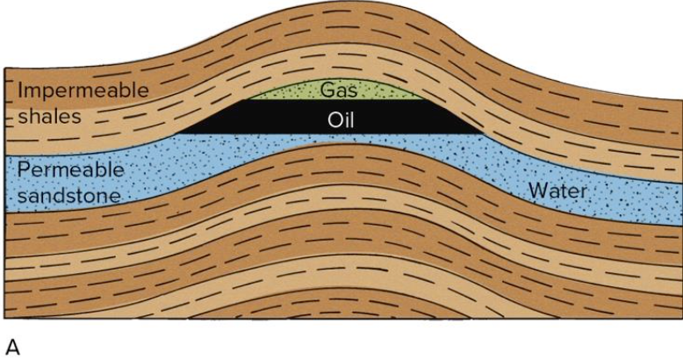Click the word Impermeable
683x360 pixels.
[x=83, y=90]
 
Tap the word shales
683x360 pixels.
[x=50, y=116]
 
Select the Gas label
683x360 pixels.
[x=339, y=90]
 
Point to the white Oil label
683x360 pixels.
[x=341, y=119]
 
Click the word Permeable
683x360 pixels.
[x=70, y=169]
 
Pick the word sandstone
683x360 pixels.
[x=68, y=195]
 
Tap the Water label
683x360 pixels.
[x=557, y=191]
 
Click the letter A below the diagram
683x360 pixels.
[x=12, y=348]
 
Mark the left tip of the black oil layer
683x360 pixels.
[x=176, y=133]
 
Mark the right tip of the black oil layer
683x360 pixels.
[x=484, y=133]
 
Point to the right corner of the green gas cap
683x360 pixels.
[x=423, y=99]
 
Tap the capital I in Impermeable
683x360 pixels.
[x=19, y=90]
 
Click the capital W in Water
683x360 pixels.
[x=538, y=191]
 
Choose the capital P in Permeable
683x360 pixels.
[x=23, y=169]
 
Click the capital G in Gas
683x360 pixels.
[x=327, y=90]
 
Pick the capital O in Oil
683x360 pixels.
[x=334, y=119]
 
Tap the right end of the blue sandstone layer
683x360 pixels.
[x=682, y=204]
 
